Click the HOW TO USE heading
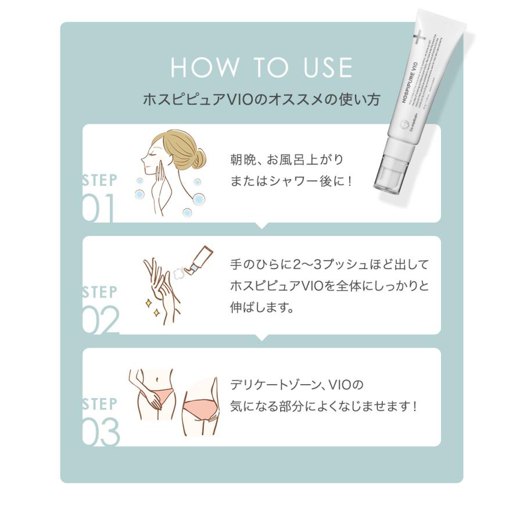261,67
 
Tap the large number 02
100,321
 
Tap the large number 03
101,433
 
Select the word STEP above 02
99,292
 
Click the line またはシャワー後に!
291,181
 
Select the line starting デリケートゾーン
296,385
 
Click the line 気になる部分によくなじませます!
323,406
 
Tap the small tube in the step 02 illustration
200,259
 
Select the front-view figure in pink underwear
152,395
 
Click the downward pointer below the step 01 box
261,225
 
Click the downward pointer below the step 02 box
261,338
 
